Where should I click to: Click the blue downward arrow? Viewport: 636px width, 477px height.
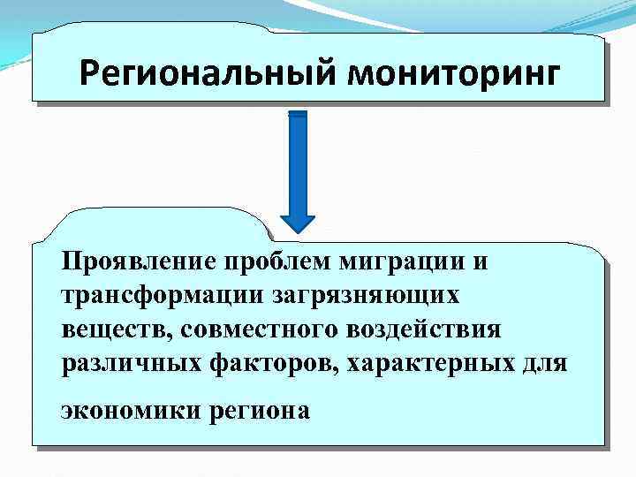297,177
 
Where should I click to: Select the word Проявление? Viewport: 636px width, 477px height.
139,262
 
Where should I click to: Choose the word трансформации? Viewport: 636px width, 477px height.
147,296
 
